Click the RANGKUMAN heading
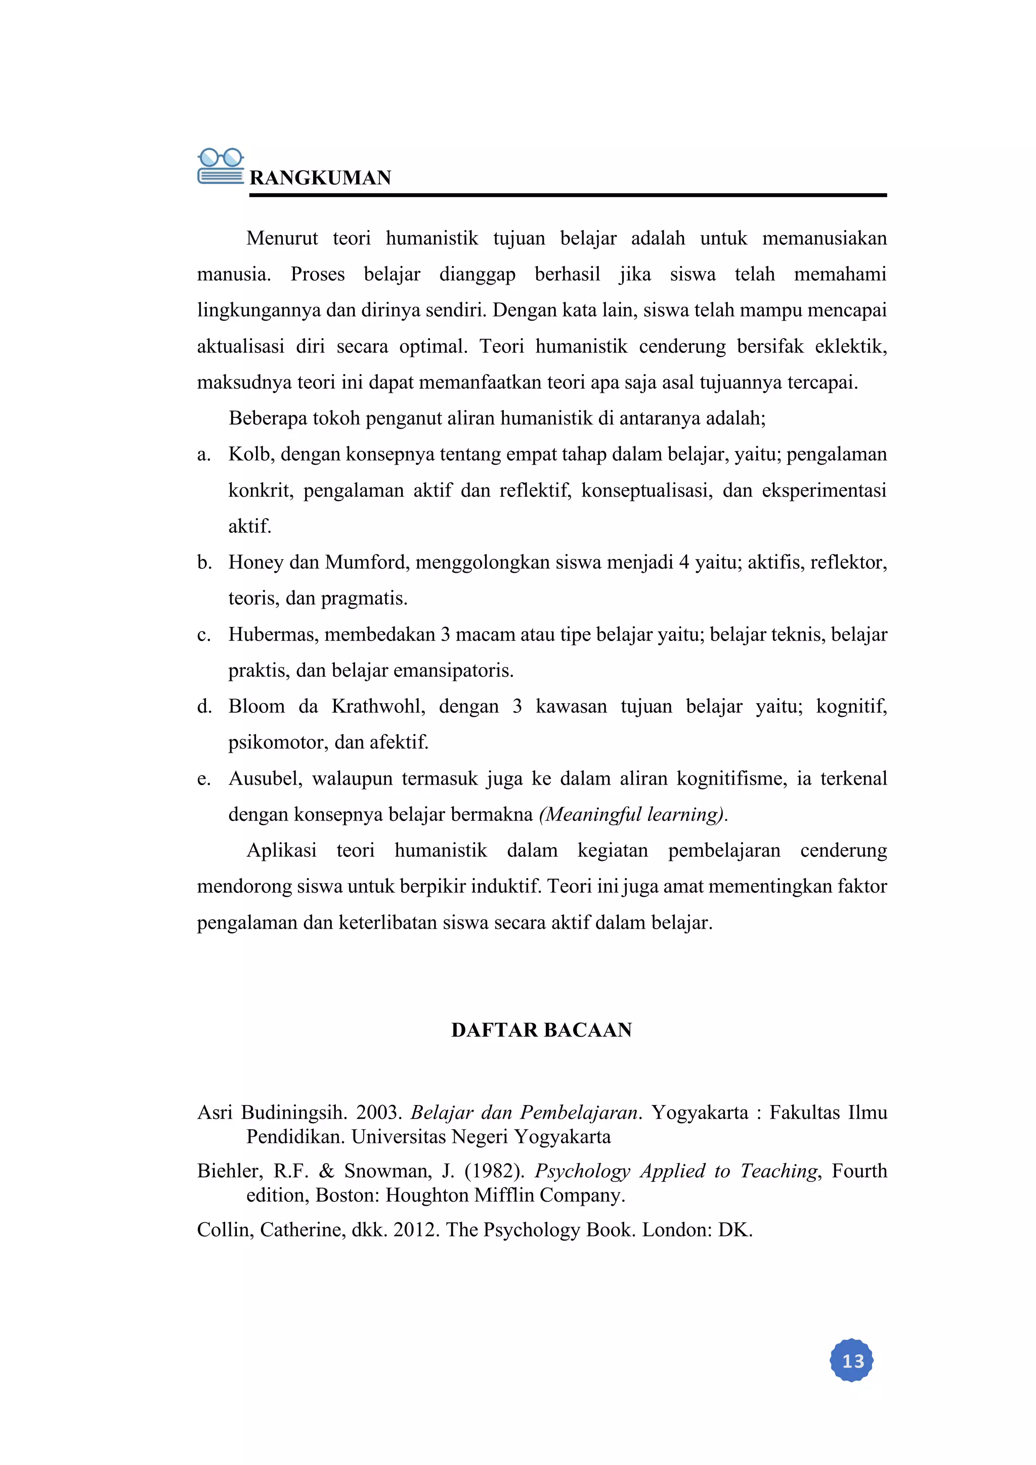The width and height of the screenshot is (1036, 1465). click(x=320, y=177)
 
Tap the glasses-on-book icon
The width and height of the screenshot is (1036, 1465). click(x=220, y=166)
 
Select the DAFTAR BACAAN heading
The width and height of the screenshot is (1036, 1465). click(x=541, y=1030)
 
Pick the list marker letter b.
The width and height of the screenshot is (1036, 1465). click(x=204, y=562)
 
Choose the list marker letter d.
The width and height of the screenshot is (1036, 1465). click(x=204, y=706)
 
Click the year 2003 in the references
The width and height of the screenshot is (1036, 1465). click(x=378, y=1113)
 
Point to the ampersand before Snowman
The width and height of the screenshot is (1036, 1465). click(x=326, y=1171)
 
